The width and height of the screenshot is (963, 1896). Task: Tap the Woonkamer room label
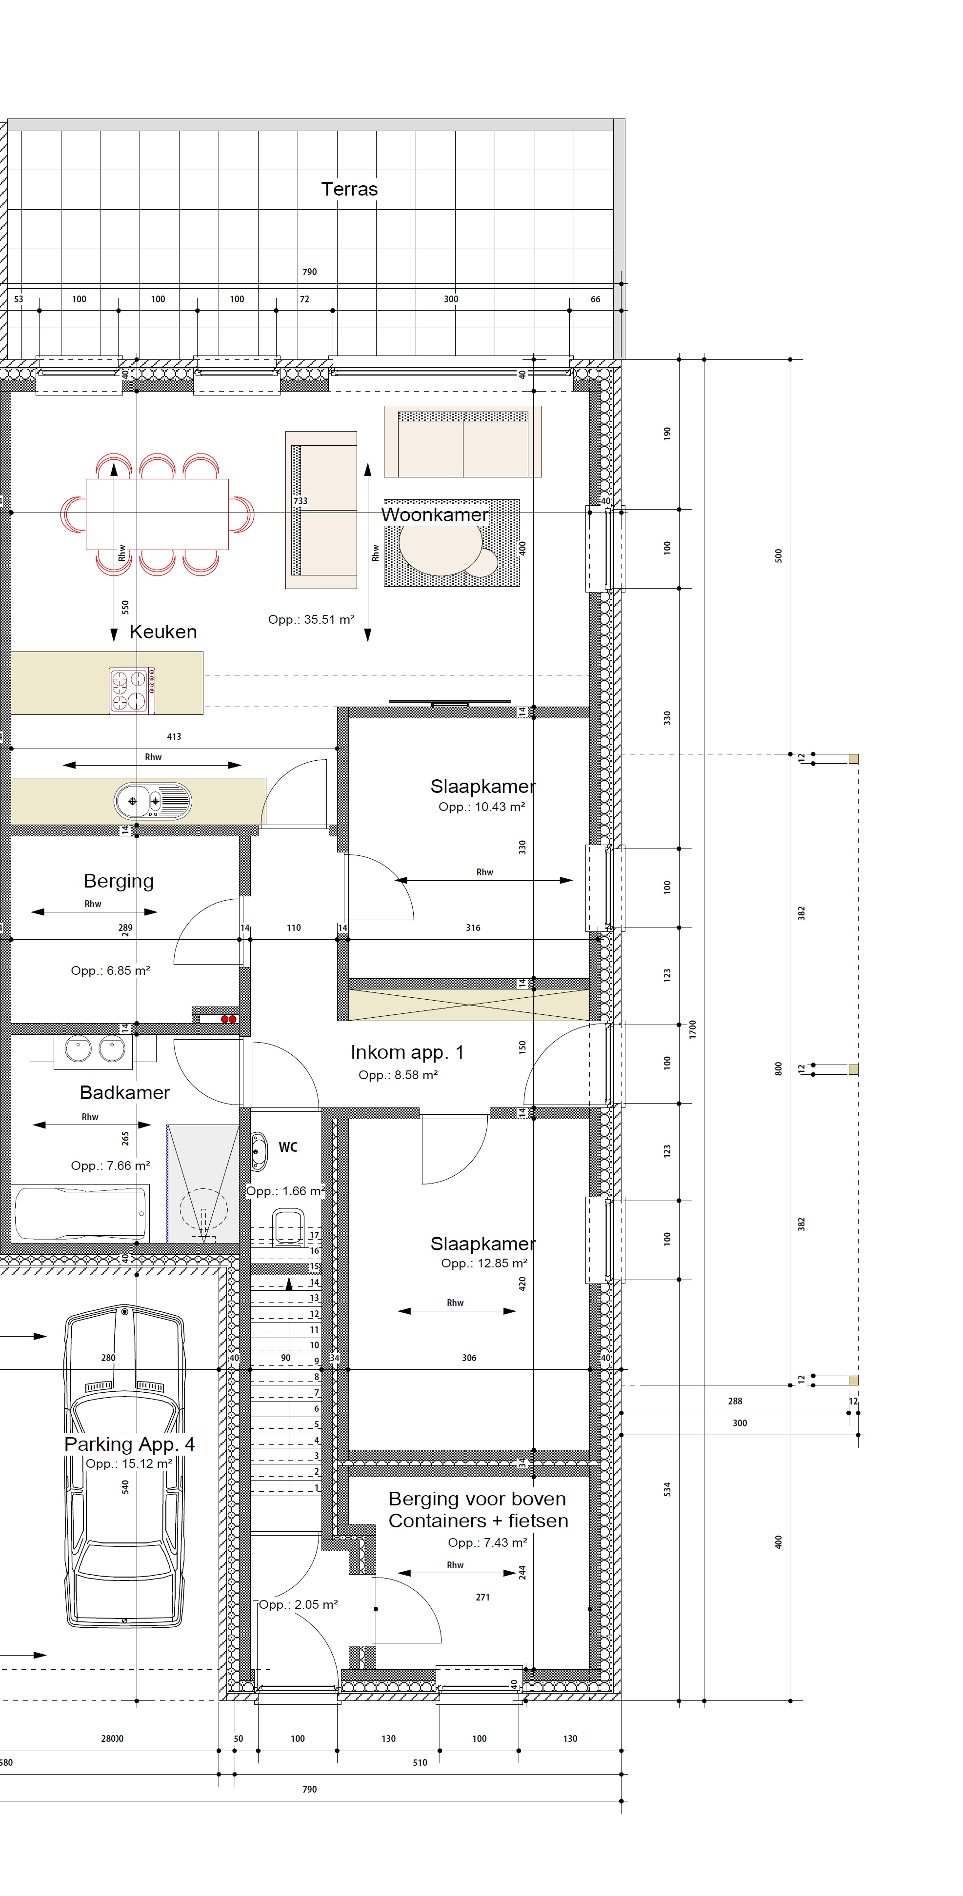(434, 514)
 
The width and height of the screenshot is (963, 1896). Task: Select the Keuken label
(163, 632)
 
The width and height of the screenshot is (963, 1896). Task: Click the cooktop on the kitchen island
(132, 690)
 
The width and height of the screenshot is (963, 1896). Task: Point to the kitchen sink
(152, 801)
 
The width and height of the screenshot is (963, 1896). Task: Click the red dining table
(157, 514)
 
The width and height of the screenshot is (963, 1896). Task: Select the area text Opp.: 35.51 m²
(311, 620)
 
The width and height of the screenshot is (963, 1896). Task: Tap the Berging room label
(119, 881)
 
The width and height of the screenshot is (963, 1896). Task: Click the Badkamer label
(124, 1092)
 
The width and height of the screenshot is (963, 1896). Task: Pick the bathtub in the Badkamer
(81, 1212)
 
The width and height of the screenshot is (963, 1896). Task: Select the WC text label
(288, 1147)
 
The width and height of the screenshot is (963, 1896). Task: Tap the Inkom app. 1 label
(407, 1052)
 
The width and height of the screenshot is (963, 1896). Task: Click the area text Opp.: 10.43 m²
(481, 807)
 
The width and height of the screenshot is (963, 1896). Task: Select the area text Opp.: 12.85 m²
(484, 1263)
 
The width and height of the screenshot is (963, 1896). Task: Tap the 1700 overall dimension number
(692, 1029)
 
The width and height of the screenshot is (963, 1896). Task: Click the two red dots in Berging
(229, 1019)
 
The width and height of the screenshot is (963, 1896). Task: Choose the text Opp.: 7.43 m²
(487, 1542)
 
